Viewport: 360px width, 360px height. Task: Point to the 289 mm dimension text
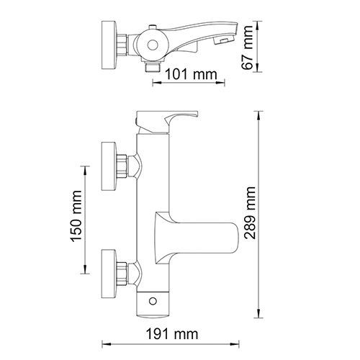[x=250, y=215]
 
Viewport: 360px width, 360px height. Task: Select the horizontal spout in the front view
[x=205, y=235]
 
